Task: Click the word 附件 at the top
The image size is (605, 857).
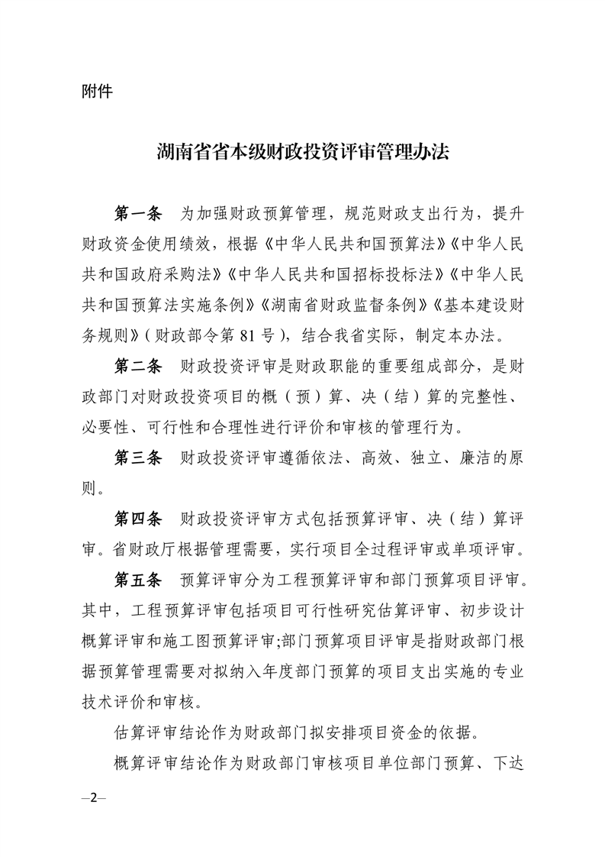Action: tap(96, 91)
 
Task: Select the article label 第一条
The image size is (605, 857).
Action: tap(138, 212)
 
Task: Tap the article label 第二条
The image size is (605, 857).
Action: tap(138, 367)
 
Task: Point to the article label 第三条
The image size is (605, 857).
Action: tap(138, 458)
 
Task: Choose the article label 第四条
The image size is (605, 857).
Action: tap(138, 520)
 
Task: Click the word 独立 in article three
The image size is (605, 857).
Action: tap(423, 458)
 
